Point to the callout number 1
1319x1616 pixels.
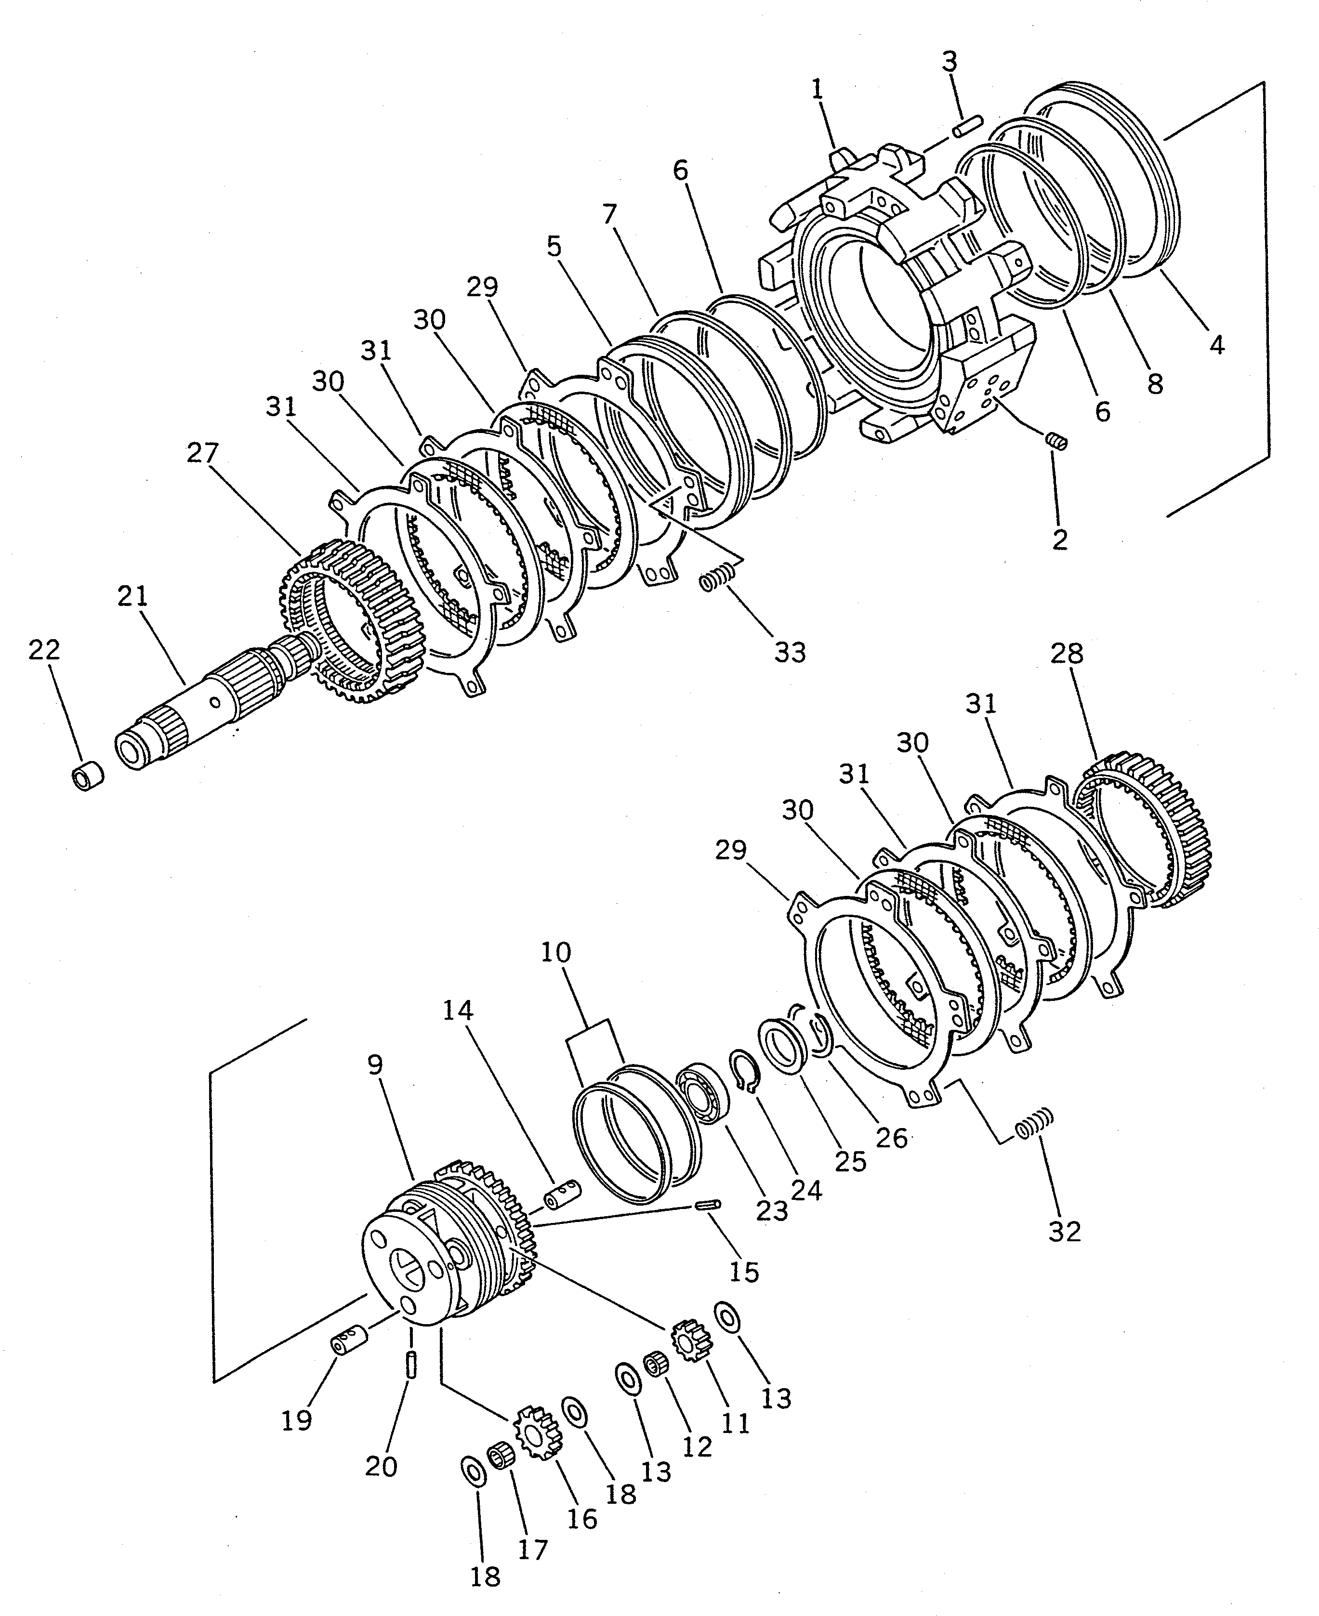click(x=817, y=90)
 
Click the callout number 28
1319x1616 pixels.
click(x=1067, y=654)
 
